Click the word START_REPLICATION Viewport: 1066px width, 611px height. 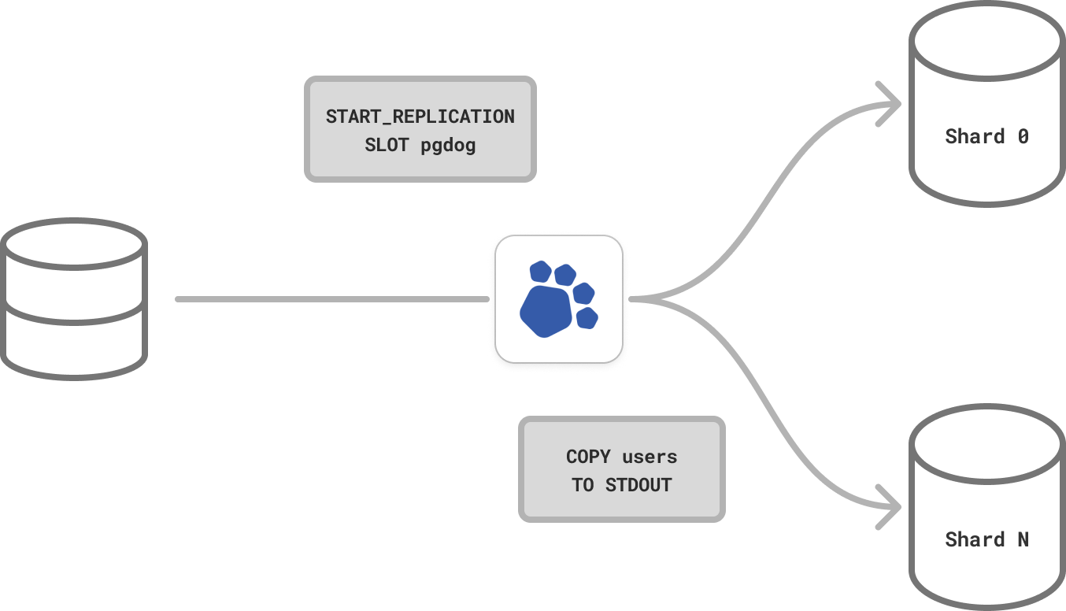pyautogui.click(x=420, y=117)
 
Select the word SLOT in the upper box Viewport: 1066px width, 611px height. pyautogui.click(x=386, y=146)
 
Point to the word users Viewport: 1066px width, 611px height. pyautogui.click(x=650, y=457)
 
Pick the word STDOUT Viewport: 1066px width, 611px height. pyautogui.click(x=638, y=485)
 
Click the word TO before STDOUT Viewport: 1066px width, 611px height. pyautogui.click(x=583, y=485)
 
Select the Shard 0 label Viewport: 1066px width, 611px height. pyautogui.click(x=986, y=136)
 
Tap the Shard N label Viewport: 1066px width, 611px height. pyautogui.click(x=986, y=539)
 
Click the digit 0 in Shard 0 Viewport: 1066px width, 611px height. pyautogui.click(x=1023, y=136)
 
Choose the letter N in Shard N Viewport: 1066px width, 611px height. pyautogui.click(x=1023, y=539)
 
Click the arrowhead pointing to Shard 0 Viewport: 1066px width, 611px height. pyautogui.click(x=893, y=103)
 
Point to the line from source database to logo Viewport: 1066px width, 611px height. pyautogui.click(x=331, y=299)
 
